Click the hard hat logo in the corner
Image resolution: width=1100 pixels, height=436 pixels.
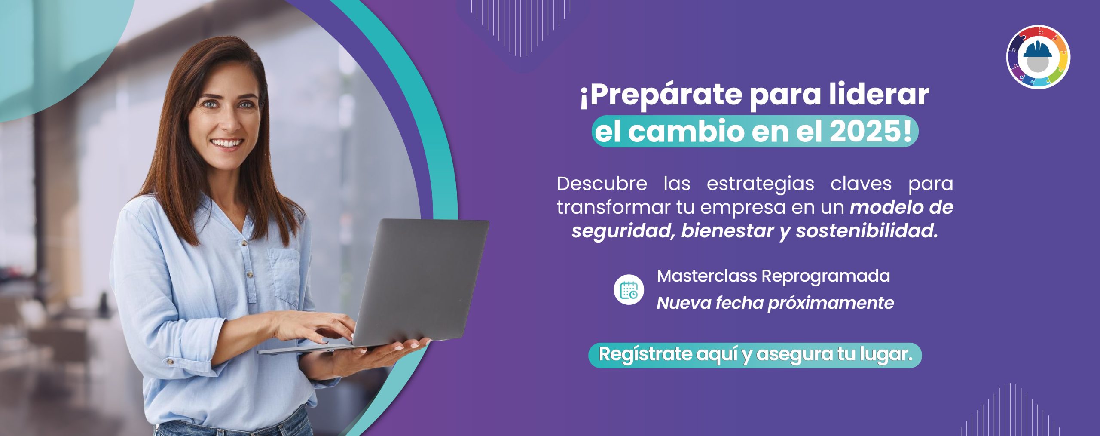1038,57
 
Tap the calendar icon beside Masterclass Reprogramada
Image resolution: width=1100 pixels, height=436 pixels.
629,289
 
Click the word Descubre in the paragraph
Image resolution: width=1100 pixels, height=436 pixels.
602,184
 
